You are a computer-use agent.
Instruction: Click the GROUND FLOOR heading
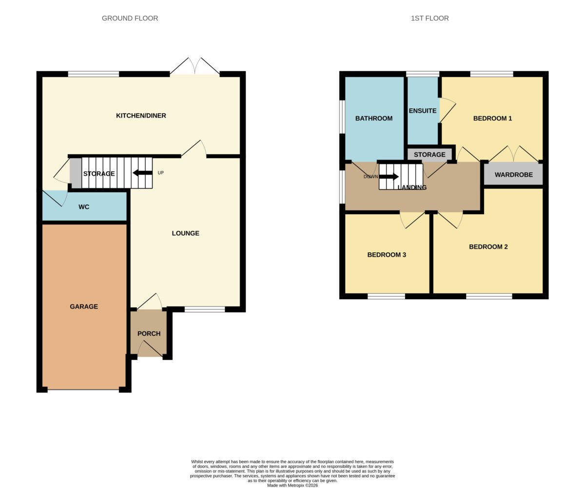pos(130,18)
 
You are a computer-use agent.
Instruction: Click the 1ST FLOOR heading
pos(429,18)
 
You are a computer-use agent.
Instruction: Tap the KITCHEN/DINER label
pos(141,116)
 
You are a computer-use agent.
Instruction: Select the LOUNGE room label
pos(185,233)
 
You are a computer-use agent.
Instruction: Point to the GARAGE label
pos(84,306)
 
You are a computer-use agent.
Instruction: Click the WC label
pos(84,207)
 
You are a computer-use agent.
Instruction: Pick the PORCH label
pos(149,333)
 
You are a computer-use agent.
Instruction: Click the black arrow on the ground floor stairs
pos(142,173)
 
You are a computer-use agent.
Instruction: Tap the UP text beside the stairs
pos(160,173)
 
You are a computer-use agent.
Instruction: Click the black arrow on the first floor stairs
pos(389,177)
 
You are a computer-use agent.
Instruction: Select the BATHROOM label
pos(374,119)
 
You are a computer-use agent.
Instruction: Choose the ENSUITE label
pos(423,111)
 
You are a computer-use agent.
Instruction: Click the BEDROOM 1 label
pos(492,119)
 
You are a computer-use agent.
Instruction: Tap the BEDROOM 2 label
pos(488,247)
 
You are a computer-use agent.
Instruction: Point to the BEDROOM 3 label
pos(387,255)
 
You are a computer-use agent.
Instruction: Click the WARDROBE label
pos(513,175)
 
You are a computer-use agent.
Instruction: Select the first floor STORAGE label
pos(429,155)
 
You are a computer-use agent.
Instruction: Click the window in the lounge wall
pos(205,309)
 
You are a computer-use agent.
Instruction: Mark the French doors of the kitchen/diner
pos(195,66)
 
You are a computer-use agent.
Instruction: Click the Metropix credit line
pos(292,486)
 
